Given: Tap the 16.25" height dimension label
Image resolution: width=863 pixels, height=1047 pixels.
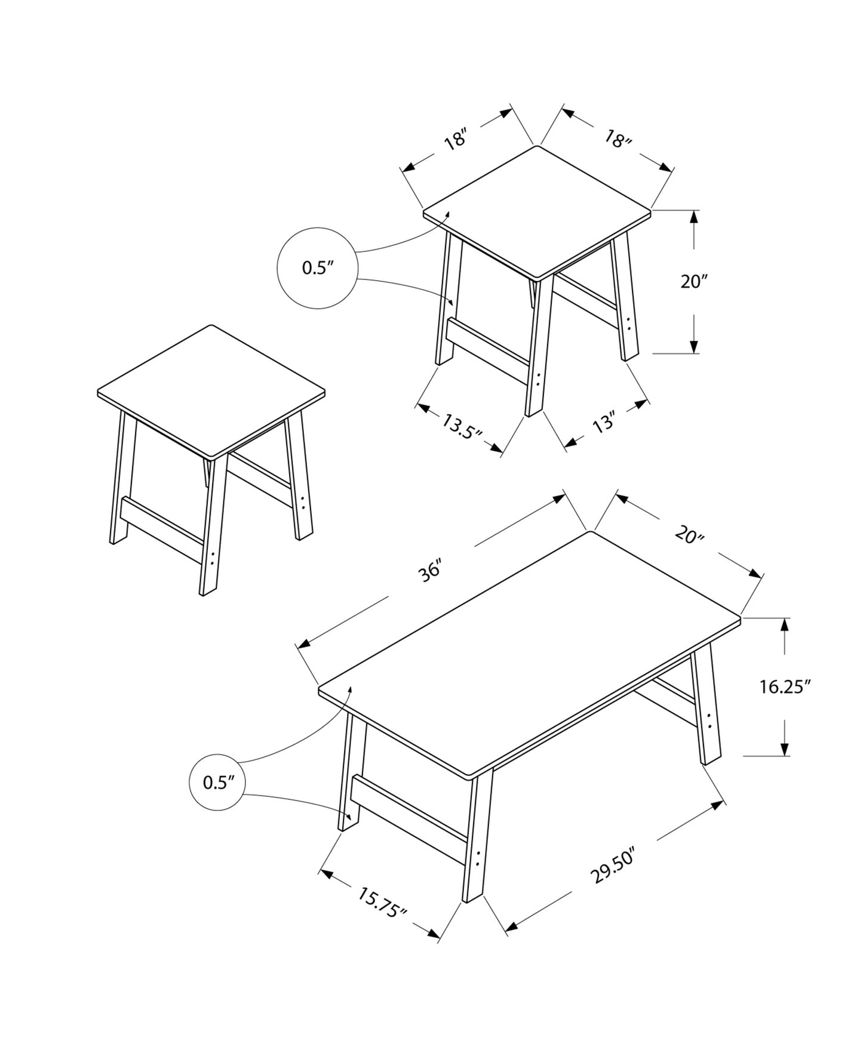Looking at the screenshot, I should [784, 687].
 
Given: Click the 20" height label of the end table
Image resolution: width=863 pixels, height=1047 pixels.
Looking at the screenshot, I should [694, 281].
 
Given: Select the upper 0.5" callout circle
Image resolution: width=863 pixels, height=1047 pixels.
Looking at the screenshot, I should [317, 268].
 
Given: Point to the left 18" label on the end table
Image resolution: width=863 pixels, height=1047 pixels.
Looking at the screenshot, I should [454, 141].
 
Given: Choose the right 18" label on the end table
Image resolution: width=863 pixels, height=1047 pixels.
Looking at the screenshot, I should [618, 140].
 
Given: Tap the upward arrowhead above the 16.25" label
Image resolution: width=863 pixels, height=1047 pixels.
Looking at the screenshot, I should [785, 625].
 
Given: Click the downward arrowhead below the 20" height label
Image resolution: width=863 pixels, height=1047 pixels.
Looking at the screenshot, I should [694, 346].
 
